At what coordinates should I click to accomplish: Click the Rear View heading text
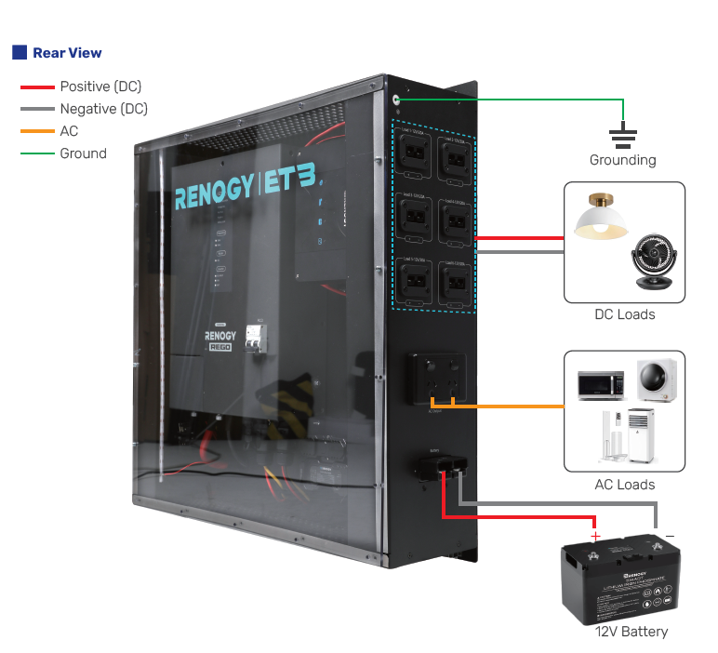pos(67,53)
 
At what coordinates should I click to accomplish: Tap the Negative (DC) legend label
pos(103,109)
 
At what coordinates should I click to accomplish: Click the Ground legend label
pos(83,153)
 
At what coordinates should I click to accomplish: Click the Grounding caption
pos(622,160)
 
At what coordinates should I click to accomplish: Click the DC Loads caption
pos(624,314)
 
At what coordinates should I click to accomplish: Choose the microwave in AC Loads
pos(601,384)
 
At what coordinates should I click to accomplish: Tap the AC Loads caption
pos(624,485)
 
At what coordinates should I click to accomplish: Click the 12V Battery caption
pos(631,632)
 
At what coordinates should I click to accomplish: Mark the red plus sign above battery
pos(595,536)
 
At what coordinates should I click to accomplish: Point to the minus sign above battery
pos(670,536)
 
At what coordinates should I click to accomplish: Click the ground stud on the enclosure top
pos(397,98)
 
